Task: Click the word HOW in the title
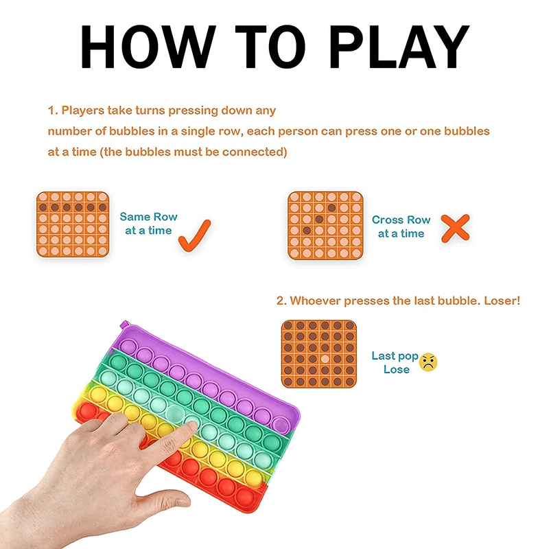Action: coord(148,47)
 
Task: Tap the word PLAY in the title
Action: coord(399,47)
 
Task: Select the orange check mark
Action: coord(195,235)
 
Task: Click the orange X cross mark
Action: coord(455,229)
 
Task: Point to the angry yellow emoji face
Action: coord(428,362)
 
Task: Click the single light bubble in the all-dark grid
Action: coord(325,359)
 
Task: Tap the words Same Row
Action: coord(148,217)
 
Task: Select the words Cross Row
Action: coord(401,220)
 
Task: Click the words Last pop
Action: coord(395,356)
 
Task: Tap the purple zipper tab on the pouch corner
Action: coord(124,324)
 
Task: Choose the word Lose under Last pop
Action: coord(397,369)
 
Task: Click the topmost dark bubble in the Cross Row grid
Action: coord(331,208)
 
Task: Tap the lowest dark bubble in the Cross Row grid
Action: coord(307,231)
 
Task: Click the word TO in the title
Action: coord(271,47)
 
